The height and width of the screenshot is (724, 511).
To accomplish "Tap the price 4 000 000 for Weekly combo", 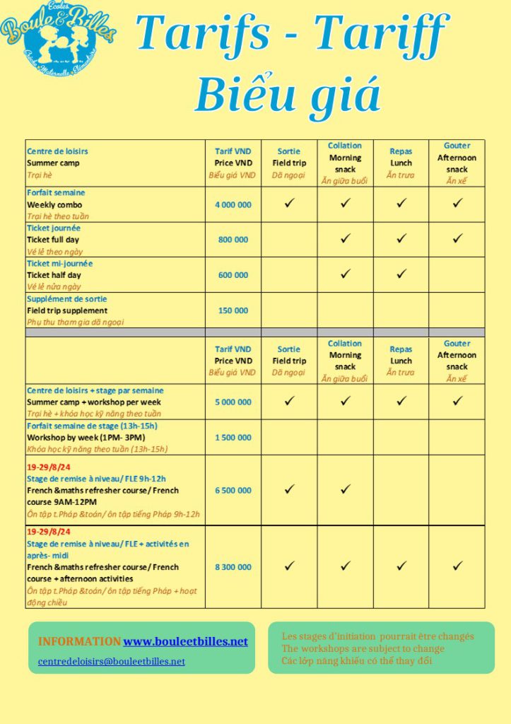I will [233, 204].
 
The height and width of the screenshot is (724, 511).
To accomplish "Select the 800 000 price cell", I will [233, 240].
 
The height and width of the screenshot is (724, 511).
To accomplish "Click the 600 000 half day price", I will [233, 275].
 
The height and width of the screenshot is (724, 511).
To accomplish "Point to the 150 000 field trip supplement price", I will [233, 310].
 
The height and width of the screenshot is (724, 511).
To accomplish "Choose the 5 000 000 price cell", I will [233, 402].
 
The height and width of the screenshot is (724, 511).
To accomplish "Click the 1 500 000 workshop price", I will [233, 437].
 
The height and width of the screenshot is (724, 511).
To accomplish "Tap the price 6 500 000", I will [233, 490].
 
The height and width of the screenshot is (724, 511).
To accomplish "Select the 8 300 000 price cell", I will [233, 567].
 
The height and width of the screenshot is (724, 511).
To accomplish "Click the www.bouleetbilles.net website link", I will [185, 641].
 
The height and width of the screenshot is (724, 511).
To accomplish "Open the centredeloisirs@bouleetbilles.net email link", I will [111, 661].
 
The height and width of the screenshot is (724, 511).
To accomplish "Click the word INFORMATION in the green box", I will [79, 641].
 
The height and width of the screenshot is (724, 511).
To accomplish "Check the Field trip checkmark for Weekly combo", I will [289, 204].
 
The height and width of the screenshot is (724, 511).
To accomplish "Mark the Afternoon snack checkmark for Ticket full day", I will [457, 239].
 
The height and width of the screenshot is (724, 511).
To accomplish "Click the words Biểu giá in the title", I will [288, 95].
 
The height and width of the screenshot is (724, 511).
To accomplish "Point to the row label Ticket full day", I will [53, 240].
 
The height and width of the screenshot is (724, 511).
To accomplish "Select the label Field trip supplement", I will [67, 310].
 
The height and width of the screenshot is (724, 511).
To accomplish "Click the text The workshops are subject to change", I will [363, 648].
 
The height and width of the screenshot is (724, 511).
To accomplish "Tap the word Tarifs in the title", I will [204, 32].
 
